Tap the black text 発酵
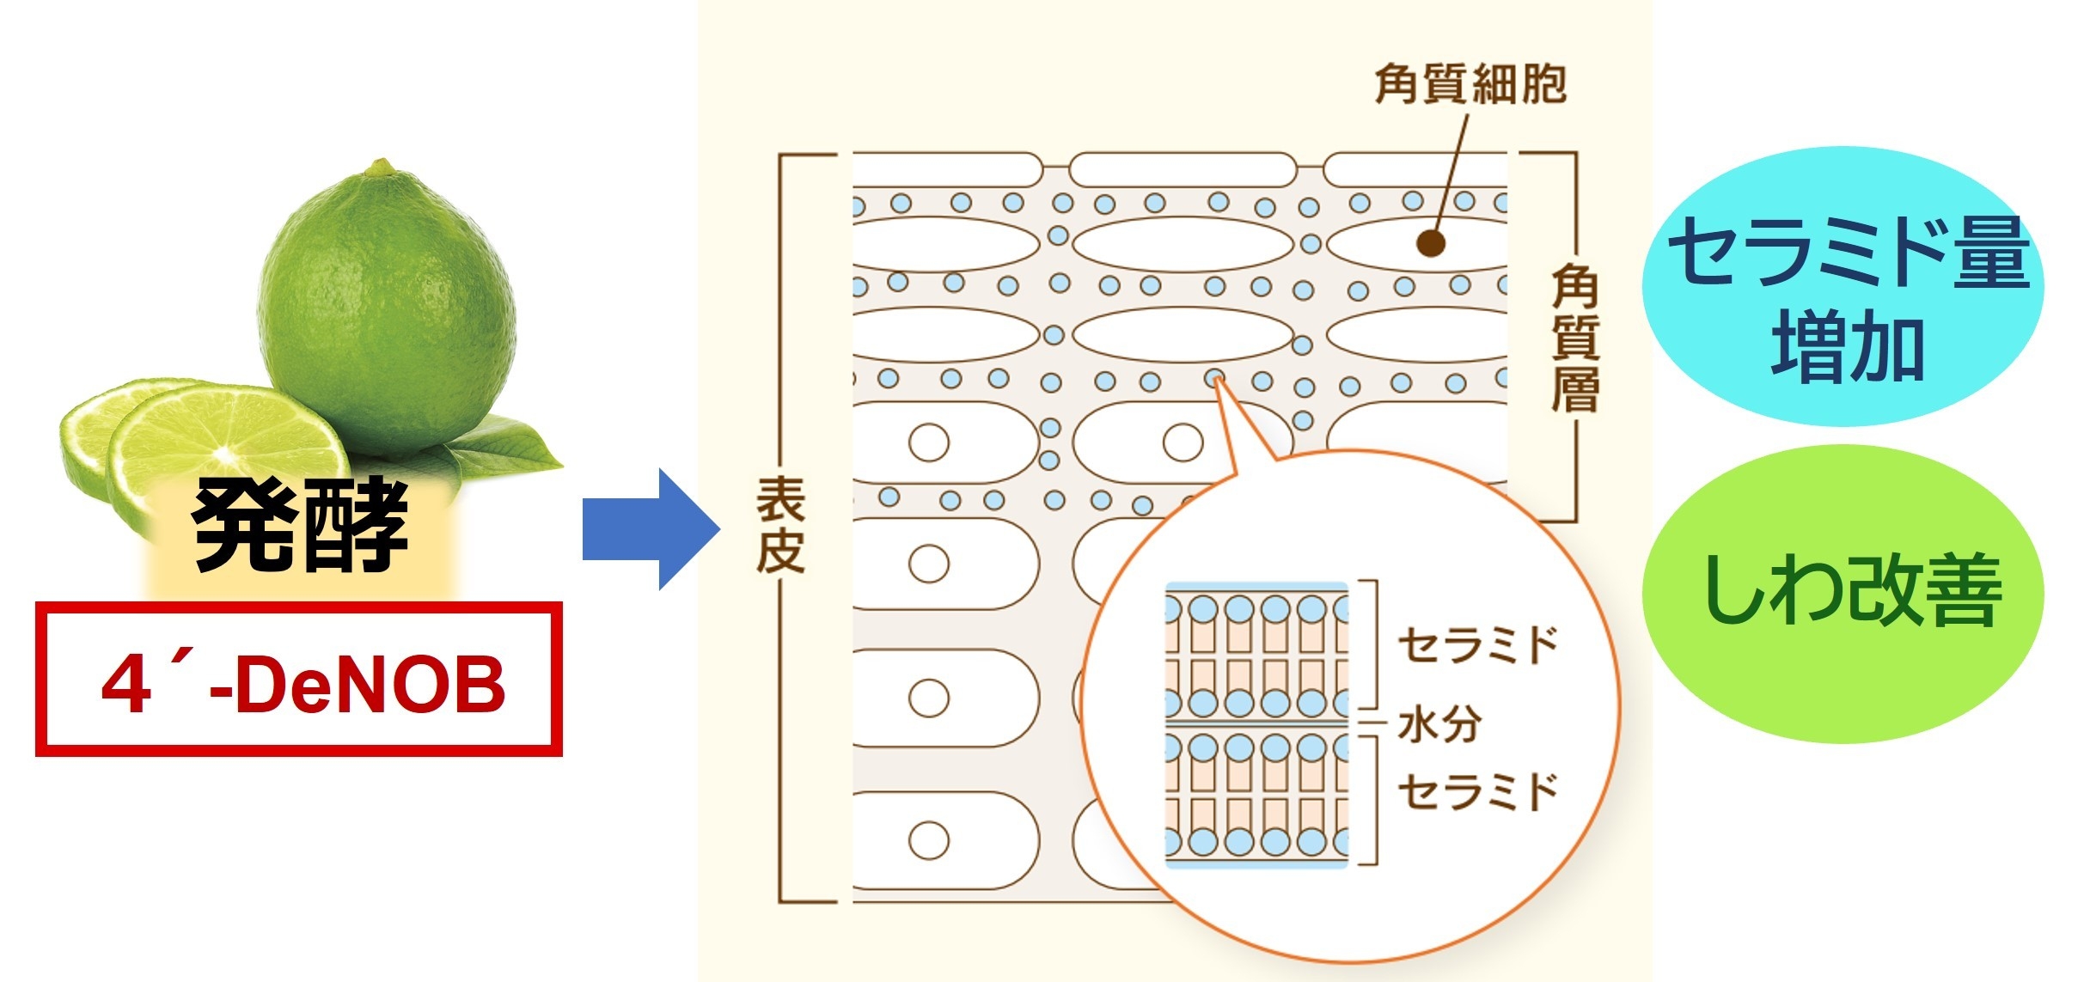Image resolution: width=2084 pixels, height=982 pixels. tap(300, 527)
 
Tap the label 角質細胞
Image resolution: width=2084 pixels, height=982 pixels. tap(1470, 84)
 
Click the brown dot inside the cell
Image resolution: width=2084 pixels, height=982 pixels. tap(1430, 243)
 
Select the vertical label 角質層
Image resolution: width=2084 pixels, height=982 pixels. tap(1574, 339)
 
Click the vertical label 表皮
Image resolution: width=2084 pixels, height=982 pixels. tap(780, 525)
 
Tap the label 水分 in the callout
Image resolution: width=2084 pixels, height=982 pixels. tap(1439, 724)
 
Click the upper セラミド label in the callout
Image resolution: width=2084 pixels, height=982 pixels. tap(1477, 644)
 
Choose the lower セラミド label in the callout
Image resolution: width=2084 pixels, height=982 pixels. tap(1477, 791)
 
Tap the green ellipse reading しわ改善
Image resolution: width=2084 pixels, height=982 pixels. tap(1843, 593)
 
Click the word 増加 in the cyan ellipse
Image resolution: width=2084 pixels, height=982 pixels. tap(1848, 348)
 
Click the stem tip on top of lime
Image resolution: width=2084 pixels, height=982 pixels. tap(381, 166)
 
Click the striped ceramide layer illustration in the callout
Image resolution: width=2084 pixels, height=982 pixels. tap(1256, 724)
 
